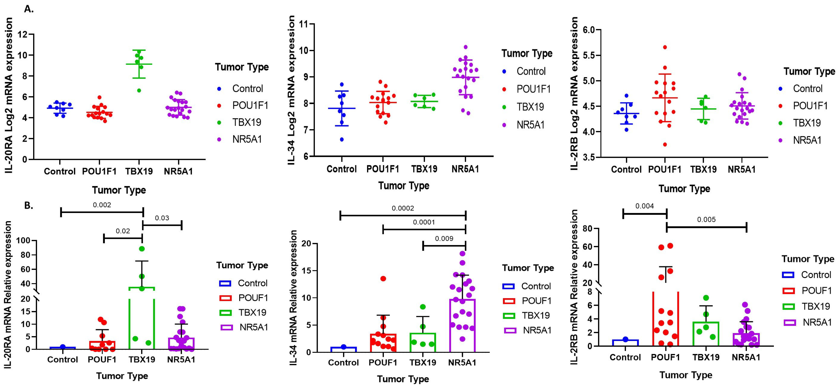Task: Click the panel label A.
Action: (x=29, y=9)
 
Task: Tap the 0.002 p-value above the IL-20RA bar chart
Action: (x=102, y=205)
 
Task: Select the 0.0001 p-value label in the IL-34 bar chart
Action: (x=424, y=222)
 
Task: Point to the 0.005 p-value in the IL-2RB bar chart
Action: (x=706, y=219)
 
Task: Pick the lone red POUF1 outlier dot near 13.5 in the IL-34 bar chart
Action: (x=383, y=278)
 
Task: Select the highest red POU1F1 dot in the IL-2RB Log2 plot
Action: (x=665, y=47)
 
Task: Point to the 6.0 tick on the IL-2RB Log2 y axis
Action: (x=588, y=30)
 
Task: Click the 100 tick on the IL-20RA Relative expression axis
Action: (x=25, y=241)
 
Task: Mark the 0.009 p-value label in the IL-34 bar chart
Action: (x=444, y=238)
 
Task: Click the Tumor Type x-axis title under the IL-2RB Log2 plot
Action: (x=684, y=189)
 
